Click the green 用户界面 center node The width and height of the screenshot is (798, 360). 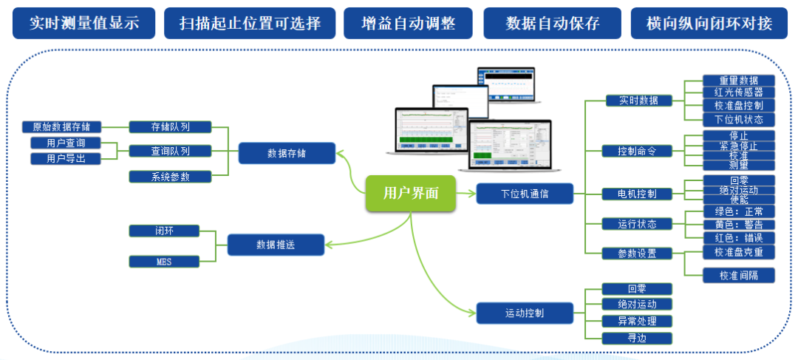click(411, 194)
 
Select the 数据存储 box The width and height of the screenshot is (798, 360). click(287, 153)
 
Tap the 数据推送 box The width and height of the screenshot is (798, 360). click(276, 245)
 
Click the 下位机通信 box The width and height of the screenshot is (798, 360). click(525, 194)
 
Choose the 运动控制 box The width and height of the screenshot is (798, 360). click(525, 313)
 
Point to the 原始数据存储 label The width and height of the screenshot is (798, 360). click(61, 127)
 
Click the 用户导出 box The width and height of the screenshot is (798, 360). click(65, 158)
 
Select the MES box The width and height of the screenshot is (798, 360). click(163, 261)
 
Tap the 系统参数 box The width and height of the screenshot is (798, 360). click(170, 176)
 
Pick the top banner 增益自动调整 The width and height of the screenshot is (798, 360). click(409, 23)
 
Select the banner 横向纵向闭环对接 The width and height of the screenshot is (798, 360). click(709, 23)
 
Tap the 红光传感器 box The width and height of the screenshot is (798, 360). click(738, 92)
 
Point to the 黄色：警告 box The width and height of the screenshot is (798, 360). click(738, 224)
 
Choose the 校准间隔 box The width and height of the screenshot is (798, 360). click(738, 275)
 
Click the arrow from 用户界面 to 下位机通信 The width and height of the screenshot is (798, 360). click(465, 194)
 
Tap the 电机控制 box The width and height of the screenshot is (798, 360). click(627, 194)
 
